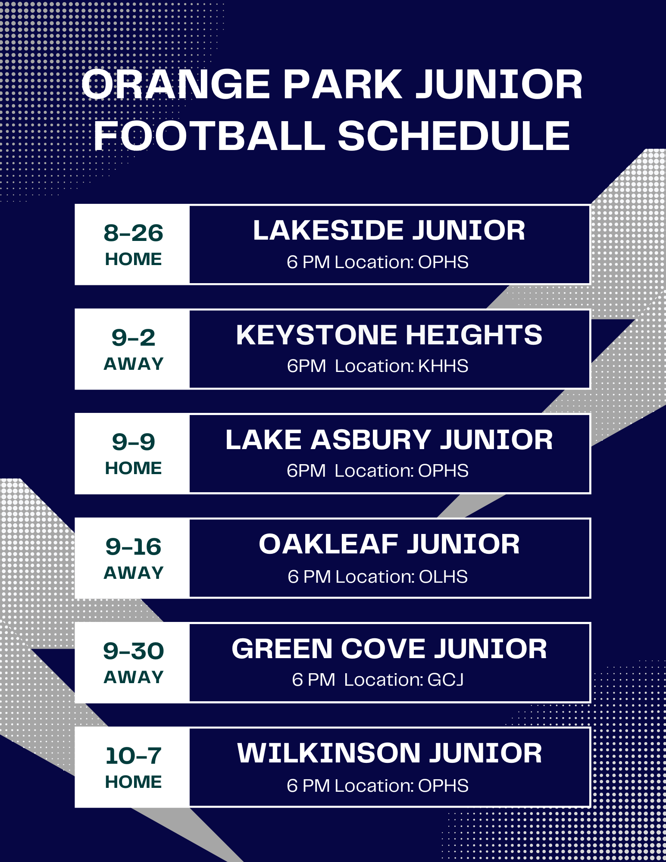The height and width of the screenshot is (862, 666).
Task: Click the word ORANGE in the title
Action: pyautogui.click(x=176, y=84)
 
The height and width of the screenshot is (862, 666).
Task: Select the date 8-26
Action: pyautogui.click(x=133, y=233)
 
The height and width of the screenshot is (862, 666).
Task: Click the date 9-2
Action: pyautogui.click(x=133, y=337)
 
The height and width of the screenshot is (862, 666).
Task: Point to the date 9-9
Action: pyautogui.click(x=133, y=442)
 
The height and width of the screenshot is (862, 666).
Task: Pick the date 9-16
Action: pyautogui.click(x=133, y=547)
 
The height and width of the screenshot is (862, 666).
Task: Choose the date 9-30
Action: pyautogui.click(x=133, y=651)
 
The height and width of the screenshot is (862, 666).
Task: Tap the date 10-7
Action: pyautogui.click(x=133, y=756)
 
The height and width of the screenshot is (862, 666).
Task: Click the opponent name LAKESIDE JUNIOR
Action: pyautogui.click(x=389, y=230)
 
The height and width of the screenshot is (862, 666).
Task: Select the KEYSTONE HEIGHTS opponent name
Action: pyautogui.click(x=389, y=335)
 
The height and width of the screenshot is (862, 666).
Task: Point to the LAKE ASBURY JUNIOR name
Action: pyautogui.click(x=389, y=440)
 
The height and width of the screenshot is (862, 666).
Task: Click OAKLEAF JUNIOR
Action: pyautogui.click(x=389, y=544)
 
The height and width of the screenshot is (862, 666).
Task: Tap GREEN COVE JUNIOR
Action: pyautogui.click(x=389, y=649)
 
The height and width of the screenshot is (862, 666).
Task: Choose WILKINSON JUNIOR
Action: pyautogui.click(x=389, y=753)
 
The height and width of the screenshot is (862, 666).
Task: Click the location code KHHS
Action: pyautogui.click(x=443, y=366)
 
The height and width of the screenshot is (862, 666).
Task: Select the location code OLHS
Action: pyautogui.click(x=443, y=577)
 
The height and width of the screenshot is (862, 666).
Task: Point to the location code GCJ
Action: pyautogui.click(x=445, y=680)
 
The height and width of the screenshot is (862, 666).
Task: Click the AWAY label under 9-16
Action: pyautogui.click(x=133, y=573)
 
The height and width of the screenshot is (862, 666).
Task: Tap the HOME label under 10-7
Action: pyautogui.click(x=133, y=782)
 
